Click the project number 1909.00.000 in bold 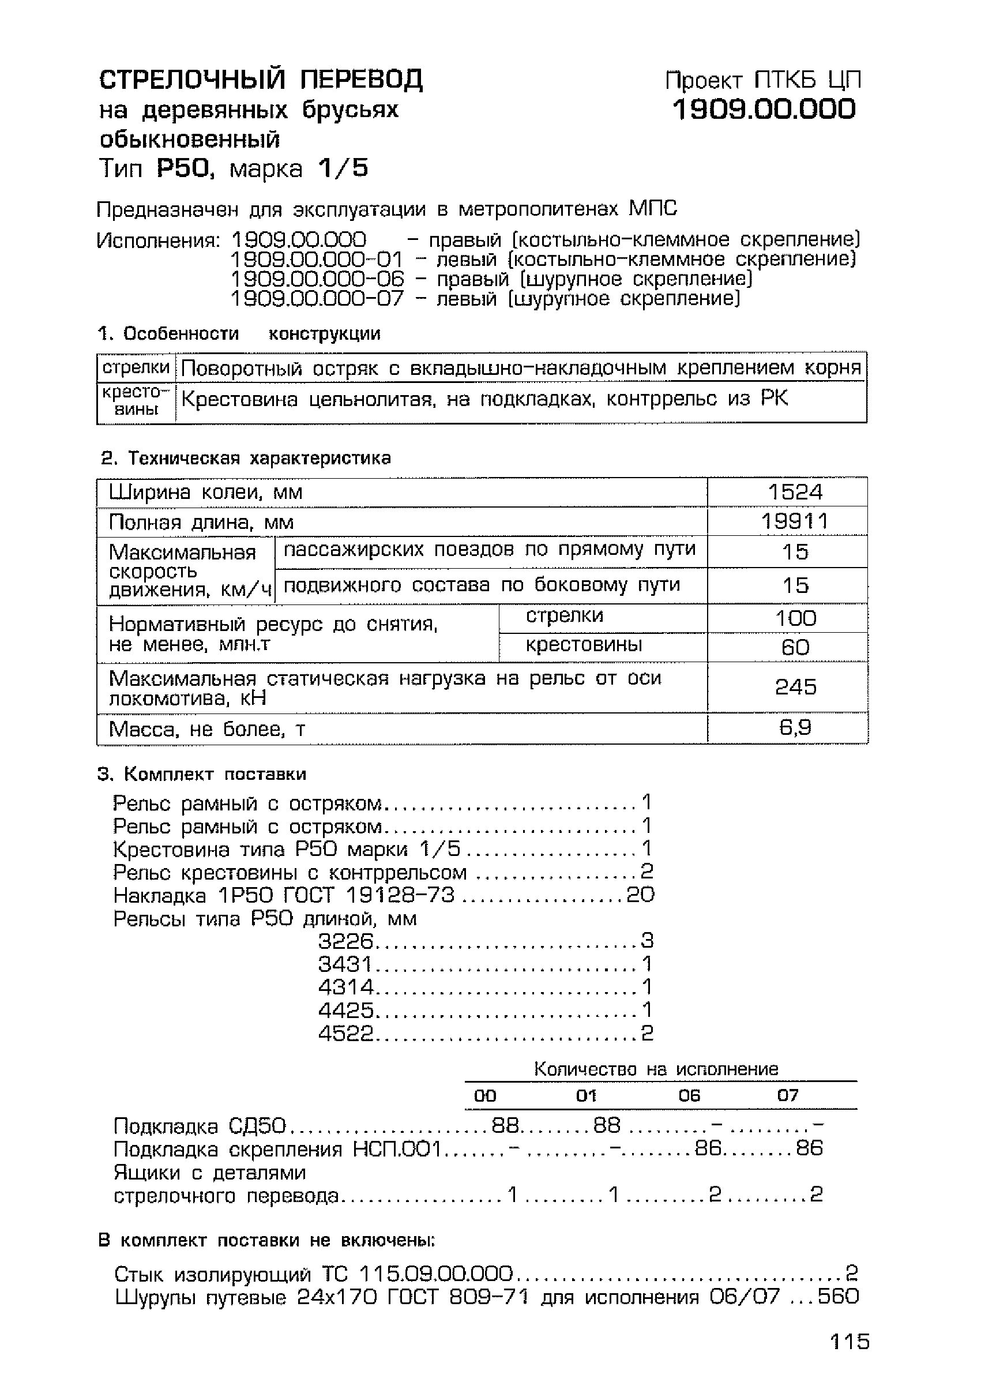[x=764, y=110]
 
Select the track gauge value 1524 [x=794, y=491]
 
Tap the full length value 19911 [x=794, y=521]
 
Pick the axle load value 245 [x=795, y=687]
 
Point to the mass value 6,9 [x=795, y=727]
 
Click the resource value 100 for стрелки [x=795, y=618]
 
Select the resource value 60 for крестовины [x=795, y=647]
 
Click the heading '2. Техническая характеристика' [x=246, y=457]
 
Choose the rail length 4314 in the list [x=345, y=986]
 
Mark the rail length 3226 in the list [x=345, y=941]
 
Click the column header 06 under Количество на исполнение [x=689, y=1096]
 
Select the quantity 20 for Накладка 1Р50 [x=640, y=895]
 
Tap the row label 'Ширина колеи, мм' [x=205, y=491]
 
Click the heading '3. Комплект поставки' [x=202, y=774]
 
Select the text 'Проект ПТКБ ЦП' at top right [x=762, y=80]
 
